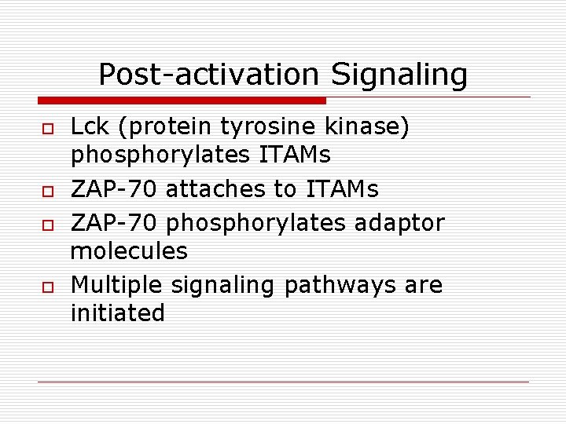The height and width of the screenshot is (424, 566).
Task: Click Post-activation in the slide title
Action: (208, 75)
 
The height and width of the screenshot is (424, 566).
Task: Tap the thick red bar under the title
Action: (182, 101)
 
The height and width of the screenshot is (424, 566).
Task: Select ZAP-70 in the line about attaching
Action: (114, 189)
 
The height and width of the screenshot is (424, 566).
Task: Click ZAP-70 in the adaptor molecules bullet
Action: (114, 223)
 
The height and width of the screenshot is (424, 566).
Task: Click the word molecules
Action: (129, 251)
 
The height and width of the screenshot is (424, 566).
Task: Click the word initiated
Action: (118, 313)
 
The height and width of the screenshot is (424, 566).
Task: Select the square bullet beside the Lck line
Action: (47, 129)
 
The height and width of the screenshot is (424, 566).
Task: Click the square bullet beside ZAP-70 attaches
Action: (47, 191)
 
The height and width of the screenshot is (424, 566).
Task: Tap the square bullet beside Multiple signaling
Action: (47, 286)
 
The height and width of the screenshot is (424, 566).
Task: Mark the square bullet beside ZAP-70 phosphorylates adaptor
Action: (47, 225)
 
